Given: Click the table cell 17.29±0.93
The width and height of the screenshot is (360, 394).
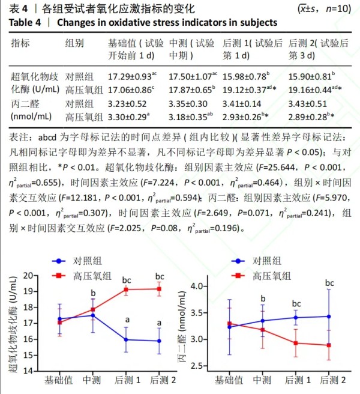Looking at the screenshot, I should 131,76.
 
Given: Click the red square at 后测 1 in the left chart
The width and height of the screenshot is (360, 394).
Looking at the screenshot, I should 125,289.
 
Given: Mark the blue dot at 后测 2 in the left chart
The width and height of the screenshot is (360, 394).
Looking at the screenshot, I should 159,341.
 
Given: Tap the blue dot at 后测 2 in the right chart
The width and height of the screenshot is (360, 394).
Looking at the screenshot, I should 329,316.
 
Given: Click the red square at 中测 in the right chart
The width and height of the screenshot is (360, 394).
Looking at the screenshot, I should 262,330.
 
